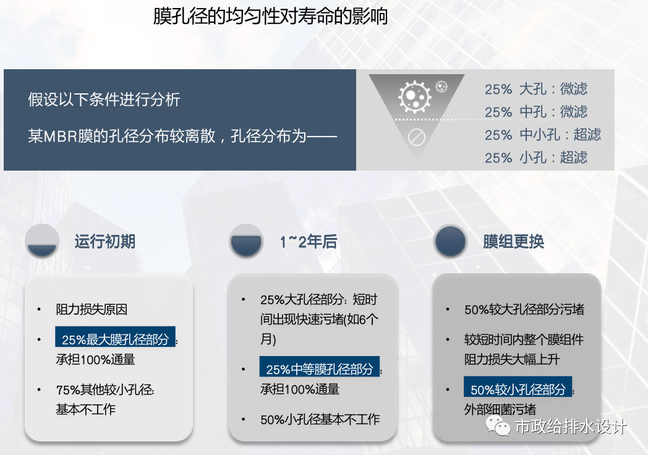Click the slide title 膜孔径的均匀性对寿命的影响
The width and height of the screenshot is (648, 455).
270,17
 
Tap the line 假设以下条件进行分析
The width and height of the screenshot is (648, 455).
104,100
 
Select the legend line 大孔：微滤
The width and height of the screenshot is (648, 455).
553,89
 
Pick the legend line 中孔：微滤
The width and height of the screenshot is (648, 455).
553,112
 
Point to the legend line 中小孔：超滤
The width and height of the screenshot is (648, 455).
560,135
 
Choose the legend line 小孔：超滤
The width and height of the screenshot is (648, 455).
553,158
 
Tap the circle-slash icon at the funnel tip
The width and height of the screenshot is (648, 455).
417,137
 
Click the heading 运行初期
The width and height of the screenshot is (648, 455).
104,241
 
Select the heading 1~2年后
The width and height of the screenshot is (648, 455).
309,242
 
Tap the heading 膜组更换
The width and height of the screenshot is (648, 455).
513,241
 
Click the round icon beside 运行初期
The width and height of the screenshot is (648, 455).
42,241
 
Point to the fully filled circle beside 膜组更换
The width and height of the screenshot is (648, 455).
450,241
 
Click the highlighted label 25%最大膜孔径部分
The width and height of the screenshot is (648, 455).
115,339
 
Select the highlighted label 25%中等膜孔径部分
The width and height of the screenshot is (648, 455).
319,369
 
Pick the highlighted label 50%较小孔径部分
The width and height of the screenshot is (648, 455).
518,389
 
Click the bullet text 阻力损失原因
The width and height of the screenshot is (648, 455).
92,310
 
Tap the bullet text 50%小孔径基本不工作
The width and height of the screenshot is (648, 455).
320,420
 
